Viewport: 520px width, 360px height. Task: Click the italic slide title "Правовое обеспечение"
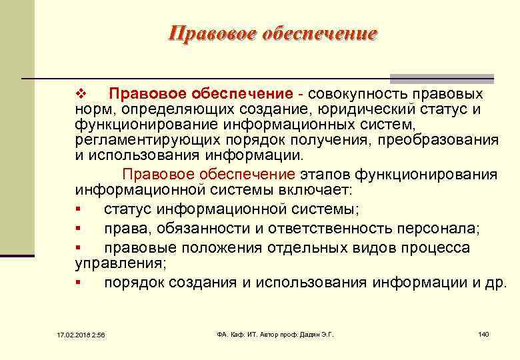pos(273,33)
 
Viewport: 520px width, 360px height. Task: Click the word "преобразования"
pos(441,140)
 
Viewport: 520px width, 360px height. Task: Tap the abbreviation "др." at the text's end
pos(497,283)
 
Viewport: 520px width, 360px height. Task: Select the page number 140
pos(484,333)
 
